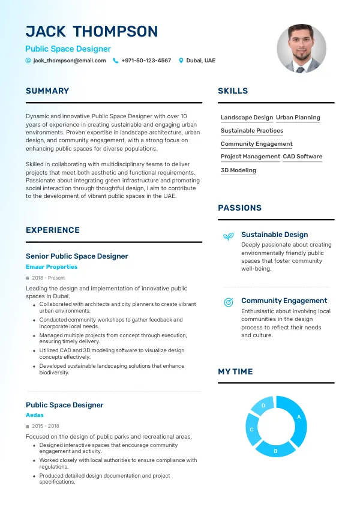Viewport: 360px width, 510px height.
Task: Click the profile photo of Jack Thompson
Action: point(301,49)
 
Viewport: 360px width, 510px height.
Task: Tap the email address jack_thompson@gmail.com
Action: point(70,61)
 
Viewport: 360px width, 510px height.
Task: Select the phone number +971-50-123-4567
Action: point(146,61)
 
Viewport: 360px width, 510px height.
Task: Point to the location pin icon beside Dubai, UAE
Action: point(181,61)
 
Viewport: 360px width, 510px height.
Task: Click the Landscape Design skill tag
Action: point(247,118)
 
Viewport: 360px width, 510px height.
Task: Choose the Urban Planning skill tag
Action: point(298,118)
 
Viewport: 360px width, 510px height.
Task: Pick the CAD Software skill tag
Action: point(302,157)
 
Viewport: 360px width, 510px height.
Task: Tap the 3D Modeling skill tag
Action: point(238,170)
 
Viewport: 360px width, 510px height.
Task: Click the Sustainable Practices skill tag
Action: point(252,131)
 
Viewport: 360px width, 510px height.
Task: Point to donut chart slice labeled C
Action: point(252,430)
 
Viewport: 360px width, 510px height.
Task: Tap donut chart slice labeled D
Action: point(263,406)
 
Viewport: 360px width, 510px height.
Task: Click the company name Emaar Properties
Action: point(52,267)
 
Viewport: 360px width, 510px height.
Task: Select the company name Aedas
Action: point(35,415)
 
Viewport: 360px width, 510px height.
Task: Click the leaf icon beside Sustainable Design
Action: point(228,236)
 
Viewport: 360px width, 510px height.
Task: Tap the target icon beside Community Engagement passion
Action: point(228,302)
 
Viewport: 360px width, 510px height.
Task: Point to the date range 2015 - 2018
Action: point(46,427)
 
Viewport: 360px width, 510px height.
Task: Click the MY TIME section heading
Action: point(235,372)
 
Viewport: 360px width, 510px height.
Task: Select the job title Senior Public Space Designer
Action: point(77,256)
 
